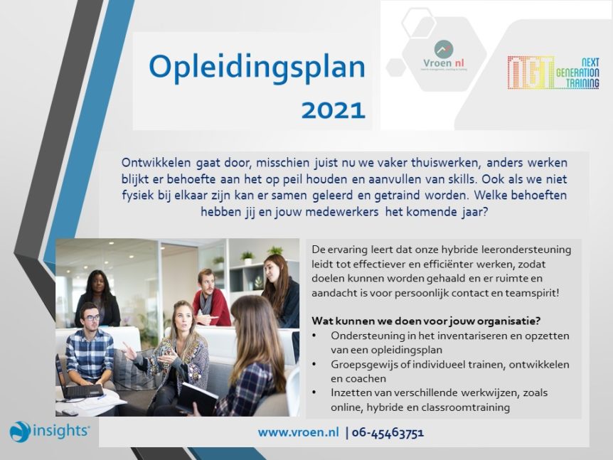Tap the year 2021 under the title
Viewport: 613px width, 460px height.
coord(333,111)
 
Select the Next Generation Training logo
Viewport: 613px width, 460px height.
coord(553,73)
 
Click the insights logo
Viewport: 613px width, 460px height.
coord(50,431)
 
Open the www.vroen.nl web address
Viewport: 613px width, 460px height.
coord(298,432)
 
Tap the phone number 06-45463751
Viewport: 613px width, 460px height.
coord(388,433)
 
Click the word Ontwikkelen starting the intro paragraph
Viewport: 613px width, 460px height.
coord(156,162)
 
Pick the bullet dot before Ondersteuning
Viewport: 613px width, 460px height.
coord(314,336)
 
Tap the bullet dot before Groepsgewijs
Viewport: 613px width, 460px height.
coord(314,364)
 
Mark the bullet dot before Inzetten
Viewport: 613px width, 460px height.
coord(314,392)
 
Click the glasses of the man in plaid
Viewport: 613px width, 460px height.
coord(92,317)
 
